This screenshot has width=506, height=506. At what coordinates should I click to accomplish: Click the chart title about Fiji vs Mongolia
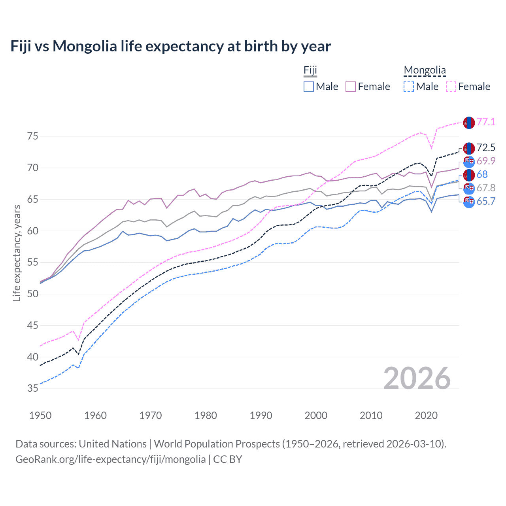tap(170, 46)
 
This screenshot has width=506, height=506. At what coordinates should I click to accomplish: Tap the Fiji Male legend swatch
tap(309, 87)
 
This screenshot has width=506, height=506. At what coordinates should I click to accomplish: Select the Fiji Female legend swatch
tap(351, 87)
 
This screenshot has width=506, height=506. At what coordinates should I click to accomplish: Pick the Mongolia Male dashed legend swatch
tap(409, 87)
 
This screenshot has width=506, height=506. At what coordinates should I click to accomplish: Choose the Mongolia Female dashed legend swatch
tap(451, 87)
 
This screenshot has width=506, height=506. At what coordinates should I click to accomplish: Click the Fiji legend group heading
tap(310, 70)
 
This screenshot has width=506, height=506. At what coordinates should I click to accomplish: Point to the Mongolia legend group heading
tap(425, 70)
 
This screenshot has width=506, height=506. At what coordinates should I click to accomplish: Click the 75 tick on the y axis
tap(33, 136)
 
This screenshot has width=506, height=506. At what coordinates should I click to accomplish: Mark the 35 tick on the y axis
tap(33, 389)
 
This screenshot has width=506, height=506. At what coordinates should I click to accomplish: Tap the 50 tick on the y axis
tap(33, 294)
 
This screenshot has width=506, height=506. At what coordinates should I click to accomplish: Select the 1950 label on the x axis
tap(40, 415)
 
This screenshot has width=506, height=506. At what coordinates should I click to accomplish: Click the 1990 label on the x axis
tap(261, 415)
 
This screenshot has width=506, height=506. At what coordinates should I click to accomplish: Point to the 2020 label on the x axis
tap(426, 415)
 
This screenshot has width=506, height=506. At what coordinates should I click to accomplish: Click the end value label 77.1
tap(486, 122)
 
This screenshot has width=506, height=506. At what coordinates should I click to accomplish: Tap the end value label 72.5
tap(486, 148)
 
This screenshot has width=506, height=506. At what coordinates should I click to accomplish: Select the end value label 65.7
tap(486, 202)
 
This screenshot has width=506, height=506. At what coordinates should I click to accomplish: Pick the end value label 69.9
tap(486, 161)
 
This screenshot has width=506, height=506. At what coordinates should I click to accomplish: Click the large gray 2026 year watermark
tap(417, 378)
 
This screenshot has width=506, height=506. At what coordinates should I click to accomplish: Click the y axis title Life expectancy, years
tap(17, 253)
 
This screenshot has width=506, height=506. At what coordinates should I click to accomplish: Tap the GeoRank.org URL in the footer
tap(110, 459)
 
